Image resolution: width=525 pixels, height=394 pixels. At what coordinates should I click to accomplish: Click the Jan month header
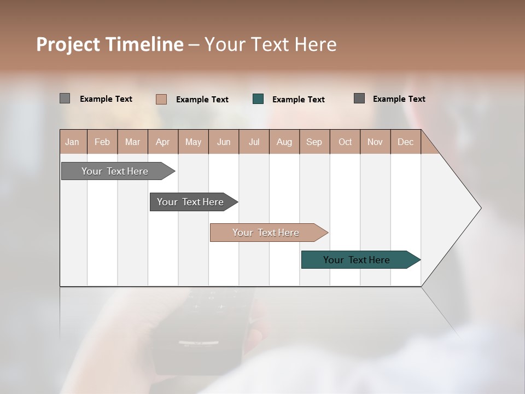(73, 142)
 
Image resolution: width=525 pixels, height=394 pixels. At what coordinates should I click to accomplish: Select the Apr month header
(163, 142)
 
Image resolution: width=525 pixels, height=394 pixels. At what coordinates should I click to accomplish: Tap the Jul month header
(254, 142)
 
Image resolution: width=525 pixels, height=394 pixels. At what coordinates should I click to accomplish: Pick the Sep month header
(314, 142)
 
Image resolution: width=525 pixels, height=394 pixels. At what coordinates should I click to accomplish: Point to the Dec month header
(405, 142)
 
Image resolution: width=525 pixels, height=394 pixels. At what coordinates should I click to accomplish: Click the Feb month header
(102, 142)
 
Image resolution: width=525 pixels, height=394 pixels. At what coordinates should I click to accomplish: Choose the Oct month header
(345, 142)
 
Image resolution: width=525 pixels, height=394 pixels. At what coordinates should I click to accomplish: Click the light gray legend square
(65, 99)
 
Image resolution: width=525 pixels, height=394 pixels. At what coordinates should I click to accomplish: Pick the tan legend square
(161, 99)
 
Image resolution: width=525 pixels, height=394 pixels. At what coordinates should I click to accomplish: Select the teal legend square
(258, 99)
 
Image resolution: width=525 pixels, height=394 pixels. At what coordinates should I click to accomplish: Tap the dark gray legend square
(359, 99)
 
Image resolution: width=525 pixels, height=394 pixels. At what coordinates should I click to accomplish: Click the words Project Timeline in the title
(110, 44)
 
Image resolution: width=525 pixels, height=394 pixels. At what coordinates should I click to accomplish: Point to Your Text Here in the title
(270, 44)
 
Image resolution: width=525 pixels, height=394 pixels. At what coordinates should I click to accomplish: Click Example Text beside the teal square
(299, 100)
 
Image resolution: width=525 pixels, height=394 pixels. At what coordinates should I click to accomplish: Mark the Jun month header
(224, 142)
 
